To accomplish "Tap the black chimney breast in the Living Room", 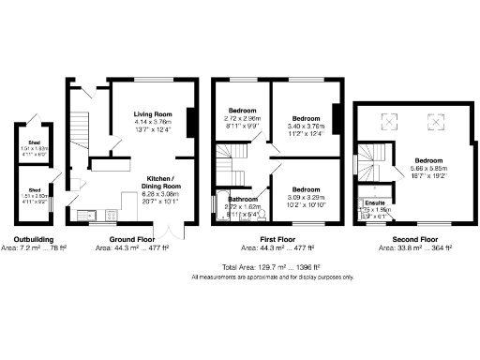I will tap(191, 123).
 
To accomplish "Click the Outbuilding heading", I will tap(33, 240).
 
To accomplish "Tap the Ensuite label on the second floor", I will tap(375, 202).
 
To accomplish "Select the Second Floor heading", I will tap(412, 240).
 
